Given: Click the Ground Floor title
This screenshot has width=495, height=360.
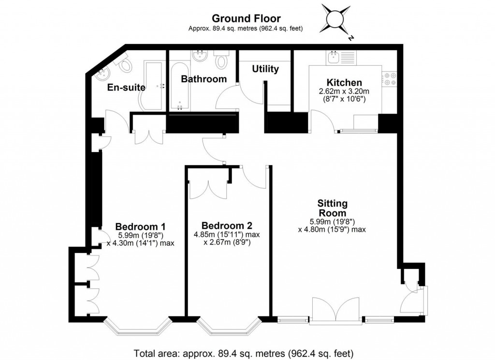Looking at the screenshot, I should point(246,19).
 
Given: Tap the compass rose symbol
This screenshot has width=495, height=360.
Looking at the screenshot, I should point(335,18).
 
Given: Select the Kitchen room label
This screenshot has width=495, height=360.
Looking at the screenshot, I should point(344,83).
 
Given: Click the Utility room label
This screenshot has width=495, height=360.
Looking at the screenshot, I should point(265,69).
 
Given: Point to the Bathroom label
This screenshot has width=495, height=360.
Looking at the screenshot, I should point(204,79).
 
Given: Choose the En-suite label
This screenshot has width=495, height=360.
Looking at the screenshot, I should point(123,88).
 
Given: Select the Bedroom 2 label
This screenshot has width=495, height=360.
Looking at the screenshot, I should point(227,225).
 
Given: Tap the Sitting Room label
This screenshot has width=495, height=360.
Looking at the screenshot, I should point(332,208).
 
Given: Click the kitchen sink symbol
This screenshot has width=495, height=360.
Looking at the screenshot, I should point(334,58).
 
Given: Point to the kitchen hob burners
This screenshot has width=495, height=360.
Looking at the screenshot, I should point(390,79).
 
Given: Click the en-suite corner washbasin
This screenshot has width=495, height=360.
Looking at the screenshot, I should point(102,73).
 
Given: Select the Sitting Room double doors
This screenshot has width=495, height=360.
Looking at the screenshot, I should point(336,310).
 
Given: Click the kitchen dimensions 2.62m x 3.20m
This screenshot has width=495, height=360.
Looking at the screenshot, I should point(344,91).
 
